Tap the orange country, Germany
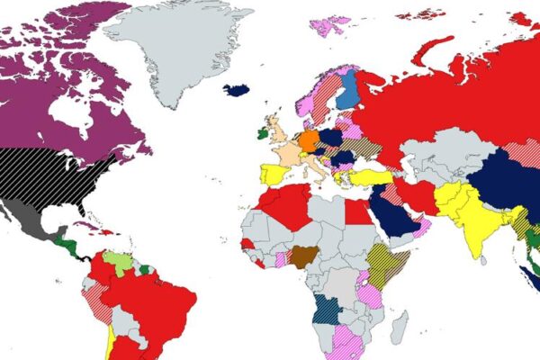coord(309,141)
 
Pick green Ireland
coord(262,134)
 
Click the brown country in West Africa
coord(301,255)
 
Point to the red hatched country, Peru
coord(95,301)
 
